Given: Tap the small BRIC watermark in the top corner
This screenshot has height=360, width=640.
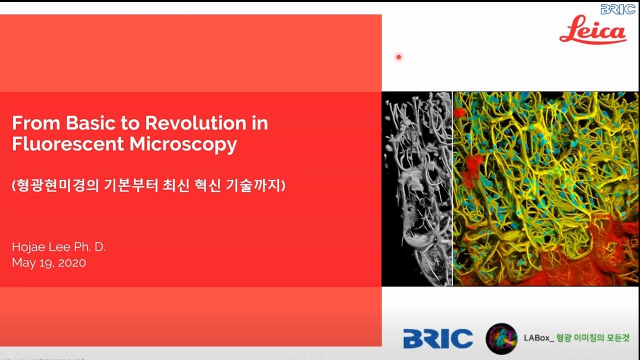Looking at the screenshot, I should click(x=618, y=9).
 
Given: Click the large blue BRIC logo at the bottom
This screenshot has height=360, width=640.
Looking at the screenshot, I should click(x=438, y=338).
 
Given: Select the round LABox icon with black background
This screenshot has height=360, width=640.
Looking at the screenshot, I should click(x=501, y=338).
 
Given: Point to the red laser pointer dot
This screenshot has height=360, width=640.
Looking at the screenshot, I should click(x=398, y=57).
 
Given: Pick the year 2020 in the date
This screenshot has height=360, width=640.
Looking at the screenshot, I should click(x=72, y=263).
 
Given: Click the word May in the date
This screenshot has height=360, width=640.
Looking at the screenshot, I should click(x=22, y=263).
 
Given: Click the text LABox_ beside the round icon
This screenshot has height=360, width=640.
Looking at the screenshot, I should click(x=538, y=338).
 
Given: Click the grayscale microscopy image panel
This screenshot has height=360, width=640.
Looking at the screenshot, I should click(x=417, y=188).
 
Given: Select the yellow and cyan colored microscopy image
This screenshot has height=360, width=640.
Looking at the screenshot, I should click(x=545, y=188).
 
